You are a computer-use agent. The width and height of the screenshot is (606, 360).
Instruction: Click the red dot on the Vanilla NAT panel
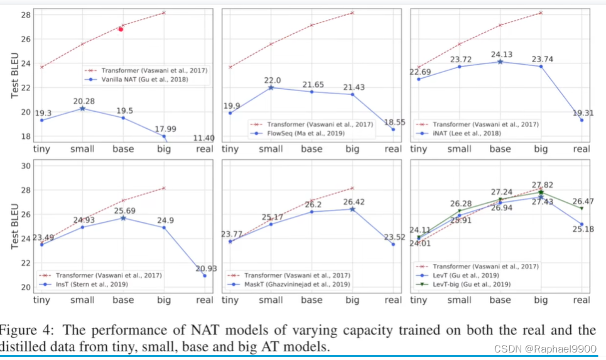(121, 29)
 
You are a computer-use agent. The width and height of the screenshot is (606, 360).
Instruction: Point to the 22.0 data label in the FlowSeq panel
(271, 80)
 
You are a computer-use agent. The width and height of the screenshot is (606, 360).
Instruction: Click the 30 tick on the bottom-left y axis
(24, 166)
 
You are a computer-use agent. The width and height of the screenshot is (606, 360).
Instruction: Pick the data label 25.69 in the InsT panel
(123, 209)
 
